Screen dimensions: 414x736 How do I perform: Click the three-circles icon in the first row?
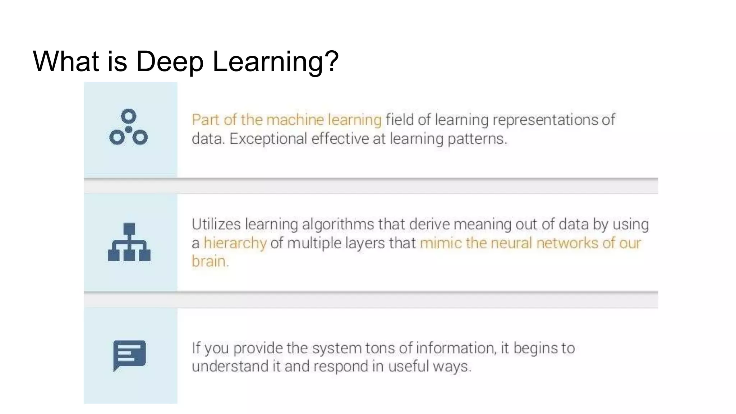[129, 127]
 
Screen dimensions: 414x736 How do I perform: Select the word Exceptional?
[268, 139]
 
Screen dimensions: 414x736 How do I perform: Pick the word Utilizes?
[216, 224]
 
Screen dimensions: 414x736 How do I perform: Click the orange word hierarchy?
[235, 243]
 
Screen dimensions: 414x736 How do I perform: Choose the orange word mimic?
[441, 243]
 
